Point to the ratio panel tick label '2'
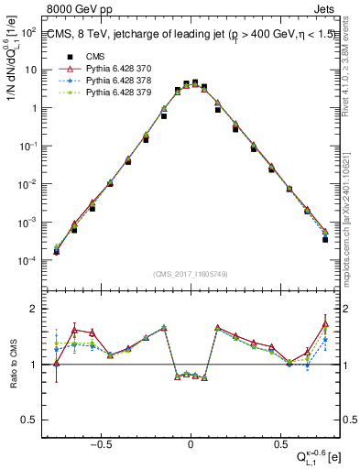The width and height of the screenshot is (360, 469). (34, 309)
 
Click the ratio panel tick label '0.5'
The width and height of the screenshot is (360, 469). (29, 420)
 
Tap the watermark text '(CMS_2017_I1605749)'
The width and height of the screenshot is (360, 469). (190, 275)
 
